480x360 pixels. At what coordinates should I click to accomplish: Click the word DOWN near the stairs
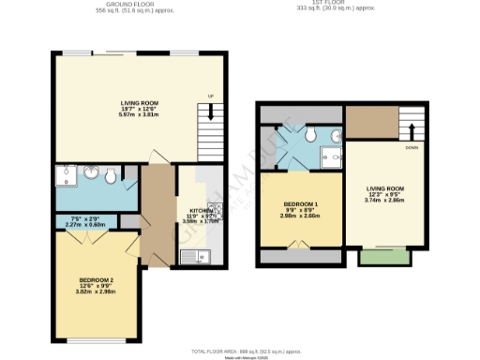coord(411,148)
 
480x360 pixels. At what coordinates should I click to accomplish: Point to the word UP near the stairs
coord(210,97)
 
